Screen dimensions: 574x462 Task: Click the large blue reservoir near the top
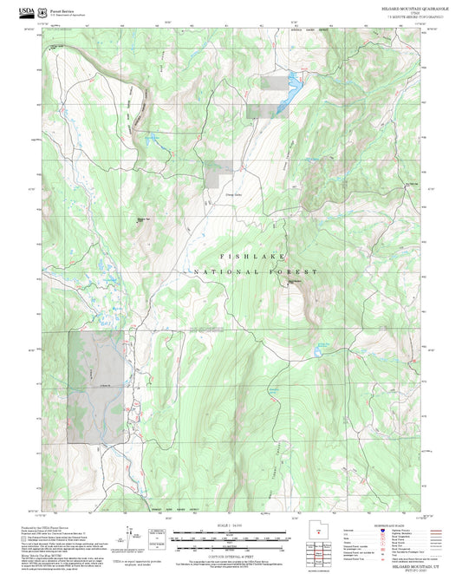click(x=292, y=88)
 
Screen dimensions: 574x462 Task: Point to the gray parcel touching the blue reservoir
click(x=277, y=82)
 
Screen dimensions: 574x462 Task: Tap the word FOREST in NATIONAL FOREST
click(x=295, y=272)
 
